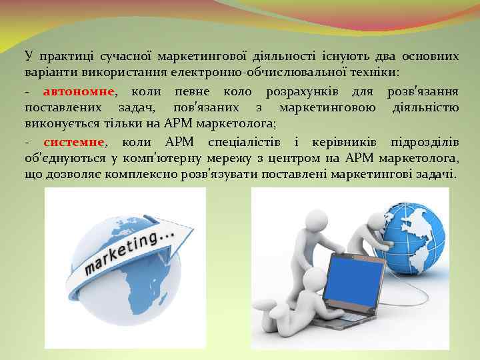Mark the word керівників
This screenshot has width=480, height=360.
tap(341, 142)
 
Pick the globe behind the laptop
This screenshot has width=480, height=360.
tap(414, 233)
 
